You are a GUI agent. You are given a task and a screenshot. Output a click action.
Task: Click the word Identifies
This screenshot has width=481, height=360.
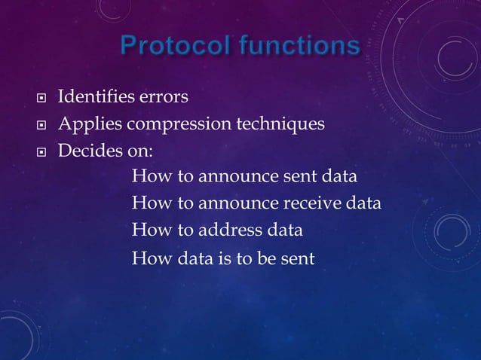click(x=95, y=97)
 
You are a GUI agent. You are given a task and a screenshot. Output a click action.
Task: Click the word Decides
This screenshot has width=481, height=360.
click(x=87, y=150)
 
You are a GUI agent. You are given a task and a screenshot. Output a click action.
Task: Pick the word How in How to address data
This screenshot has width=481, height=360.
click(x=148, y=230)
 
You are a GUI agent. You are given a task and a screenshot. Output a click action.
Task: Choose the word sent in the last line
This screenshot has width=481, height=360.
click(x=297, y=259)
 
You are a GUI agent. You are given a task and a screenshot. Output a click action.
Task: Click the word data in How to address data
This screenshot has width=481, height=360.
click(x=284, y=230)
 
